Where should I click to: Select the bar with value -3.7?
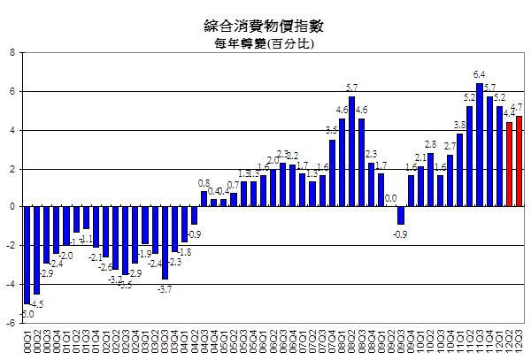(x=165, y=242)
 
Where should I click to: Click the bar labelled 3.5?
(x=332, y=173)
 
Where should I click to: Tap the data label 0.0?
(x=390, y=199)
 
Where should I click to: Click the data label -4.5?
(x=38, y=303)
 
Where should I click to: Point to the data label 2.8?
(x=431, y=143)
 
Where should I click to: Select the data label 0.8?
(x=204, y=183)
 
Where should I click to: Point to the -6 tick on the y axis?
(x=9, y=323)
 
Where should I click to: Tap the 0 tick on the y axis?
(x=11, y=207)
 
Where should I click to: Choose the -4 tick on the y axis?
(x=9, y=284)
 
